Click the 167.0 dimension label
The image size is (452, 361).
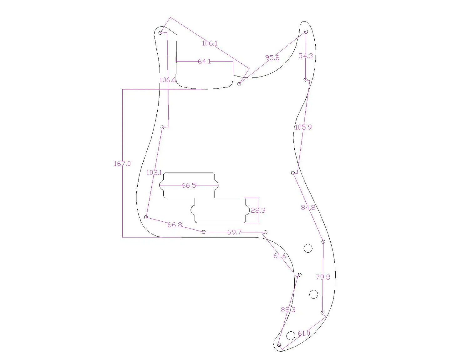pyautogui.click(x=122, y=163)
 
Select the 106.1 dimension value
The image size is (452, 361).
pyautogui.click(x=210, y=43)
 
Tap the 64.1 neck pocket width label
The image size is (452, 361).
pyautogui.click(x=204, y=61)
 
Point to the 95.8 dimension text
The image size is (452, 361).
pyautogui.click(x=272, y=58)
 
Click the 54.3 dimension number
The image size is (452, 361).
pyautogui.click(x=306, y=56)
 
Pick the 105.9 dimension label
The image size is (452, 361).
pyautogui.click(x=303, y=127)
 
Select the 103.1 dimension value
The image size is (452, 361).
pyautogui.click(x=154, y=173)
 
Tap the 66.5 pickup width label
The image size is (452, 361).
pyautogui.click(x=189, y=185)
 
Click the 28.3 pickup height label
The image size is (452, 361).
pyautogui.click(x=258, y=210)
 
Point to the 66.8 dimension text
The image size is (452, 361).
pyautogui.click(x=175, y=225)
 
